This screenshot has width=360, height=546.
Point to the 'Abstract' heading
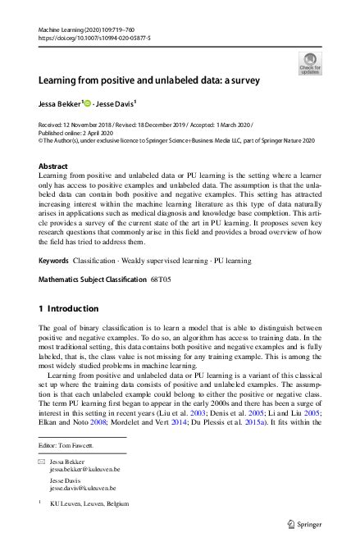click(53, 166)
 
